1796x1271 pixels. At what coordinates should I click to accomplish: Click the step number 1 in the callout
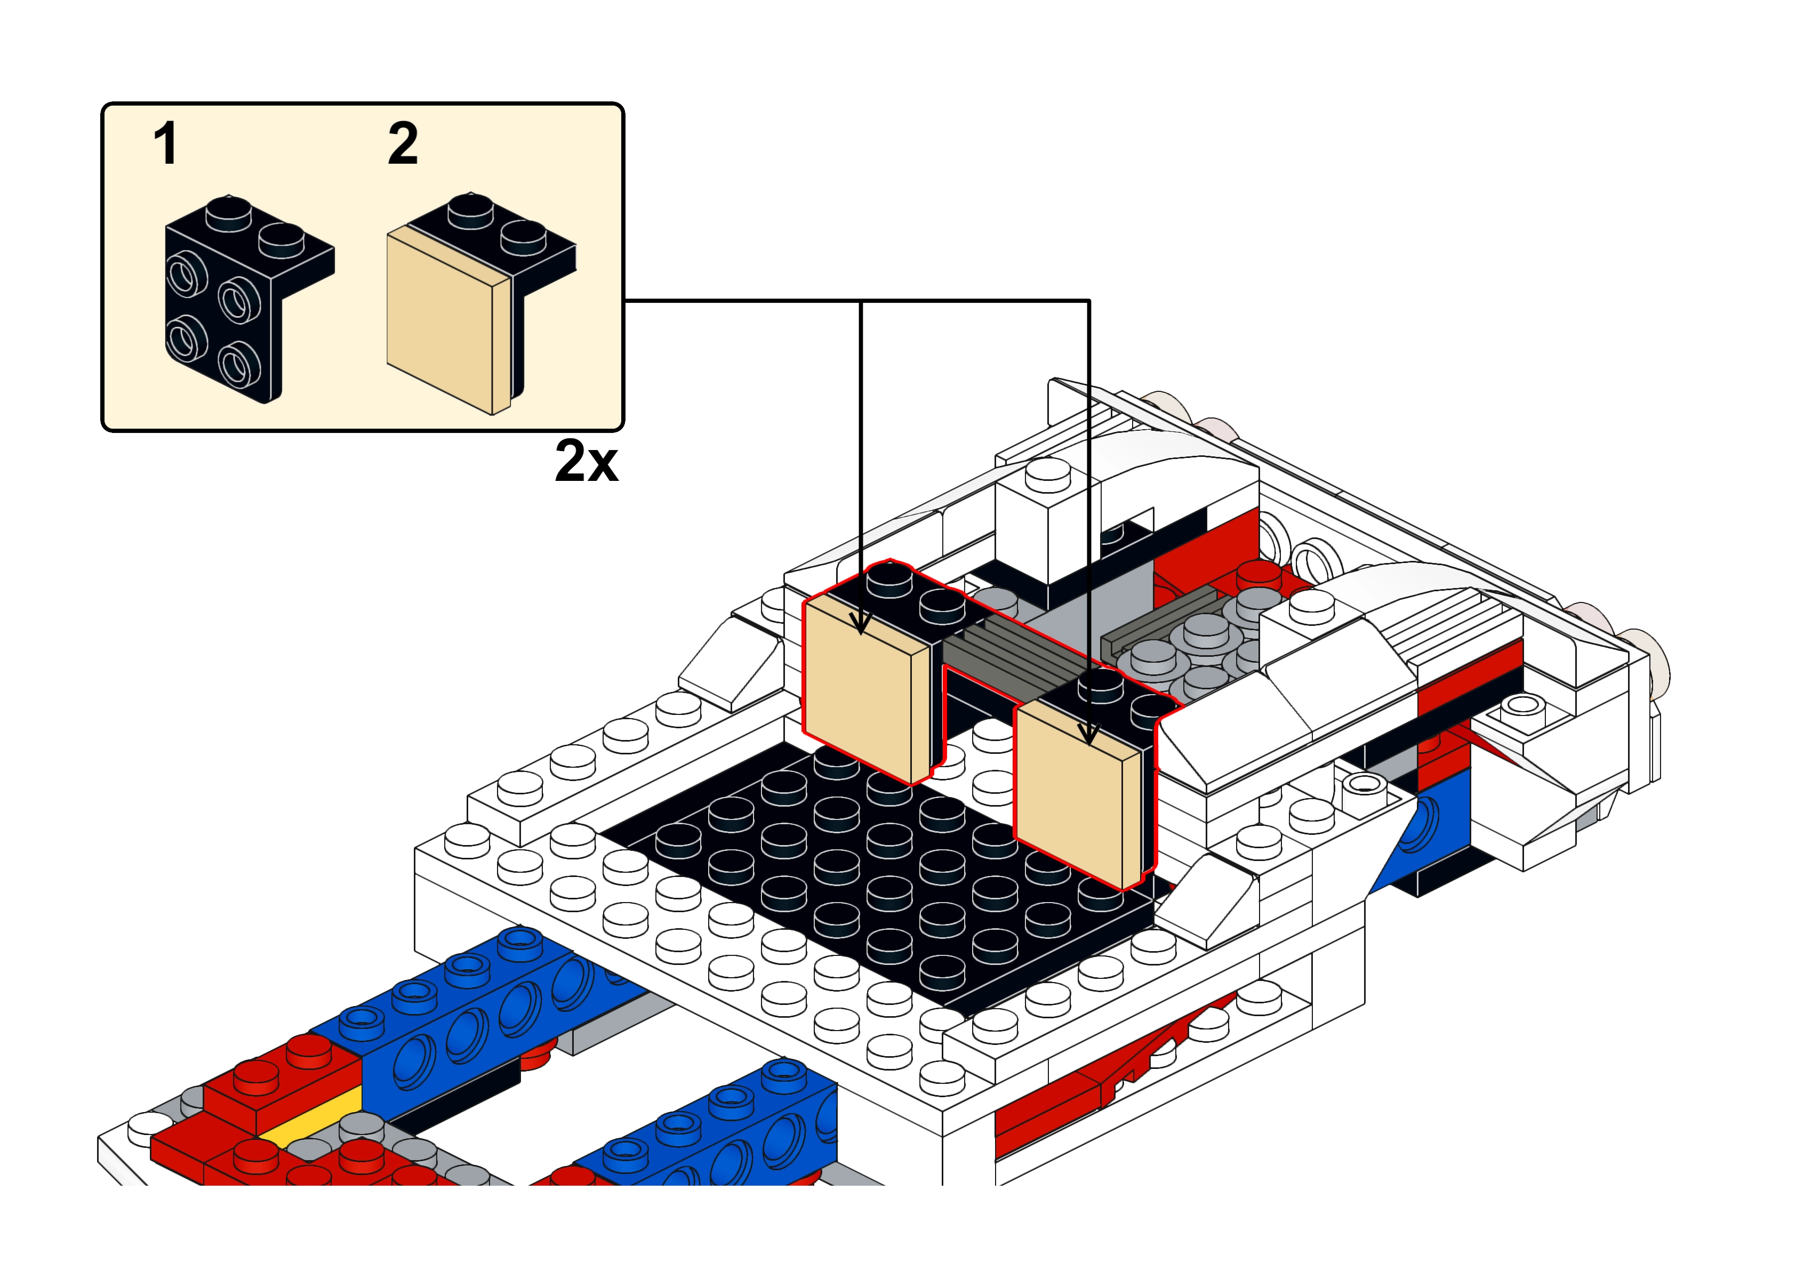(x=165, y=144)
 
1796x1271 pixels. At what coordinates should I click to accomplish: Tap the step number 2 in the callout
(x=403, y=144)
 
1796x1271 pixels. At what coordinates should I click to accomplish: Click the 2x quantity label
(x=586, y=461)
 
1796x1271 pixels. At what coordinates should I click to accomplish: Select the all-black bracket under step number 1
(x=250, y=299)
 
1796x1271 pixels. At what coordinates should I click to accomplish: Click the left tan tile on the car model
(x=867, y=689)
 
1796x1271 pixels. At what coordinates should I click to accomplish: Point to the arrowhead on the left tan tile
(x=861, y=624)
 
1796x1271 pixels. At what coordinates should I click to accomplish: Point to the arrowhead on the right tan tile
(x=1088, y=733)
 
